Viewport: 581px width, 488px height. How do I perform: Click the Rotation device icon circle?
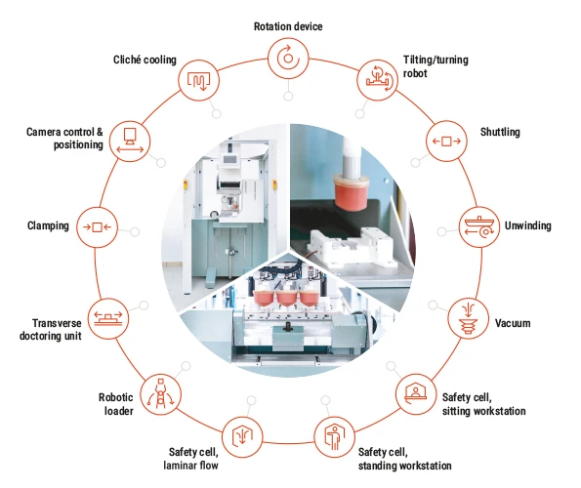coord(288,59)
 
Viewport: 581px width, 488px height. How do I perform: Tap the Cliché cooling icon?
coord(198,80)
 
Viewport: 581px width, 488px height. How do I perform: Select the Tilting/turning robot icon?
coord(377,80)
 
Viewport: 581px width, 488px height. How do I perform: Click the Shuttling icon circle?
coord(446,141)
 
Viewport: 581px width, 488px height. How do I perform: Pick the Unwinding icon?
coord(479,227)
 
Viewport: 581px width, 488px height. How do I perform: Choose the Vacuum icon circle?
coord(469,318)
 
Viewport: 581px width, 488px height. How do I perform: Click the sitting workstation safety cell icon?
coord(415,394)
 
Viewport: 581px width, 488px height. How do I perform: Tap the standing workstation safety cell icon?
coord(334,437)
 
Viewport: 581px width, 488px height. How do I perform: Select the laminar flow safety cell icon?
coord(242,437)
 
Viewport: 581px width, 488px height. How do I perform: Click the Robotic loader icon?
coord(161,394)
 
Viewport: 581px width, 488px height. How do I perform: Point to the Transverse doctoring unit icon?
coord(108,318)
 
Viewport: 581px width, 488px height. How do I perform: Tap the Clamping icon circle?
coord(97,227)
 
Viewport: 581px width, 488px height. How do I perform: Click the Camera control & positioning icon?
coord(130,142)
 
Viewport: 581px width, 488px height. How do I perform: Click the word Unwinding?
coord(527,225)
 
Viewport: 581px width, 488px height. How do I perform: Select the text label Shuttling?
coord(500,132)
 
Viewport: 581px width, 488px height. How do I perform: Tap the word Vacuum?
coord(513,323)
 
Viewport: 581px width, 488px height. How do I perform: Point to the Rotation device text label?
coord(288,26)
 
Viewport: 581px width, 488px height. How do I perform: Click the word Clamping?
coord(48,225)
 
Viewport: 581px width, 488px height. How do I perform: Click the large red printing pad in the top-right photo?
coord(351,191)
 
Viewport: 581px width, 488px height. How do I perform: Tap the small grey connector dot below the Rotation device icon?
coord(288,97)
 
